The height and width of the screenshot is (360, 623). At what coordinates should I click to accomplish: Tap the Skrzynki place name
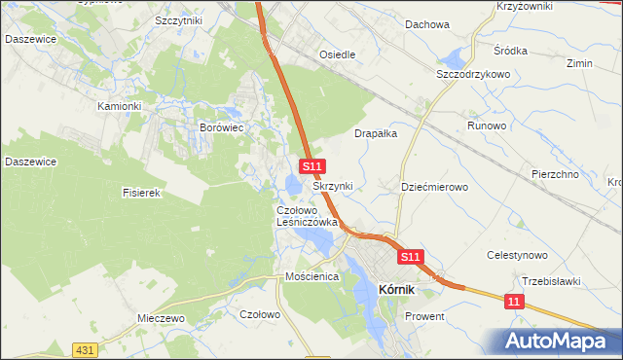point(333,185)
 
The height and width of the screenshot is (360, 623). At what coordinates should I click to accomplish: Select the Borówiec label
point(220,126)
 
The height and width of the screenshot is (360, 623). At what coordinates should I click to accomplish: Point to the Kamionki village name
point(120,105)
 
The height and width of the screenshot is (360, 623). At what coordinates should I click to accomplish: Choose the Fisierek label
point(140,193)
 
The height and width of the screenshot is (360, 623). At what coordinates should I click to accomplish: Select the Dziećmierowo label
point(435,186)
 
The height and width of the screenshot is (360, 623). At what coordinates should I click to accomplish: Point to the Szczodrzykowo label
point(474,74)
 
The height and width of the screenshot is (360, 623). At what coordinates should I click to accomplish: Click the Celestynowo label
point(518,255)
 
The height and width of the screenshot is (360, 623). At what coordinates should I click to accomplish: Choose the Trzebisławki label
point(551,281)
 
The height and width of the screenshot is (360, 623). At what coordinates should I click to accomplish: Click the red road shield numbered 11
point(515,303)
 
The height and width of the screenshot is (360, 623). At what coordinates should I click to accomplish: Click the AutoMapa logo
point(558,342)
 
